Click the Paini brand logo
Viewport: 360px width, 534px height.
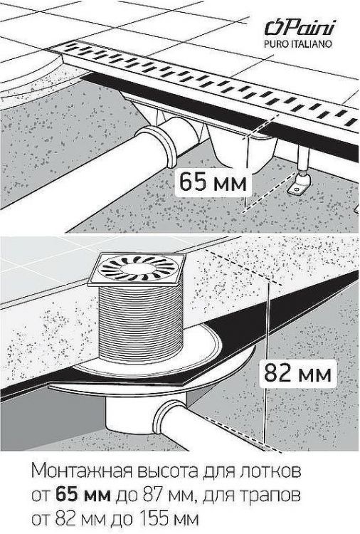tap(300, 27)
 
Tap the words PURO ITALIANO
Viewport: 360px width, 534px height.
tap(298, 44)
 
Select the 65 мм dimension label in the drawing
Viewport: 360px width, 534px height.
tap(213, 182)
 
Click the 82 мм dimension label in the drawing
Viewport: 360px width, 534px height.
tap(297, 373)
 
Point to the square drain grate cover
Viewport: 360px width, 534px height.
tap(137, 269)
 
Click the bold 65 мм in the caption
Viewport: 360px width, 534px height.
tap(83, 495)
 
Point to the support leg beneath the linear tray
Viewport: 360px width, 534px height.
tap(304, 158)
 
